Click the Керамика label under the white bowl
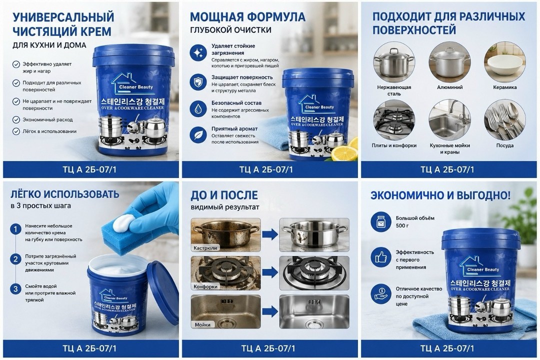pyautogui.click(x=504, y=87)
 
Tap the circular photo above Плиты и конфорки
pyautogui.click(x=394, y=120)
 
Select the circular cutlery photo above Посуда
pyautogui.click(x=504, y=120)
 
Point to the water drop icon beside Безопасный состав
pyautogui.click(x=198, y=108)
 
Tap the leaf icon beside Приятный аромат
pyautogui.click(x=198, y=134)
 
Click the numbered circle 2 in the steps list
pyautogui.click(x=15, y=259)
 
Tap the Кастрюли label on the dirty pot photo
pyautogui.click(x=205, y=247)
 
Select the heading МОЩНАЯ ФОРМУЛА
pyautogui.click(x=247, y=16)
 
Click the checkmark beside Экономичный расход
pyautogui.click(x=16, y=120)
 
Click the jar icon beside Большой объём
pyautogui.click(x=380, y=222)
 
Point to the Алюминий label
pyautogui.click(x=450, y=87)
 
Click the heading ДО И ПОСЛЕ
pyautogui.click(x=224, y=195)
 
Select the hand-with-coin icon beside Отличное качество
pyautogui.click(x=380, y=294)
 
